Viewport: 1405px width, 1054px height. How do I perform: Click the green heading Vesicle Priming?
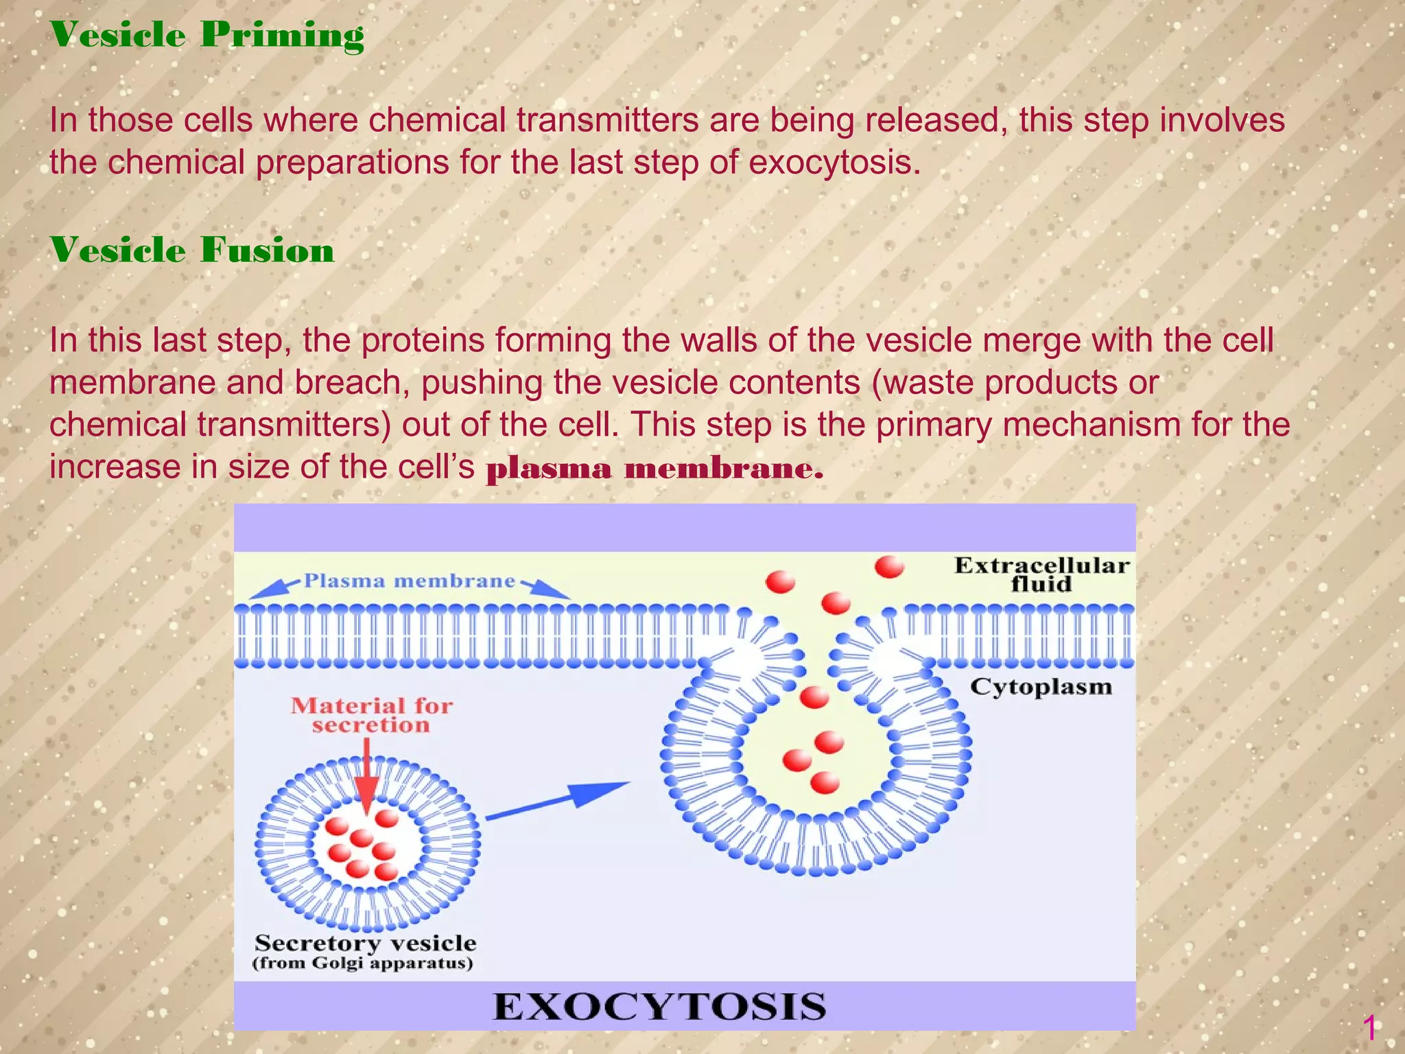pyautogui.click(x=206, y=35)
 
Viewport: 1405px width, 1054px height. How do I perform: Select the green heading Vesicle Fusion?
pyautogui.click(x=192, y=250)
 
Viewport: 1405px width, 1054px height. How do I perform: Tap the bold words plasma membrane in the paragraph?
pyautogui.click(x=654, y=469)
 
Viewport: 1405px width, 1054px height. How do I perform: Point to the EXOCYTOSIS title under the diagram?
pyautogui.click(x=659, y=1007)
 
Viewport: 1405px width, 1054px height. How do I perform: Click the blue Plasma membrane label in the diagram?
pyautogui.click(x=410, y=581)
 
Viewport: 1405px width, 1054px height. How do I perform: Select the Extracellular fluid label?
pyautogui.click(x=1041, y=574)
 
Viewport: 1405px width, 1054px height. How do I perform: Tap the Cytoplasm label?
pyautogui.click(x=1040, y=687)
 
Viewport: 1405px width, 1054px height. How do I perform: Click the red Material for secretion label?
pyautogui.click(x=371, y=715)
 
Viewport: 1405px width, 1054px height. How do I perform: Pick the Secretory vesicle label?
pyautogui.click(x=365, y=943)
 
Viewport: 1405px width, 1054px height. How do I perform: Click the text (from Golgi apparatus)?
pyautogui.click(x=362, y=963)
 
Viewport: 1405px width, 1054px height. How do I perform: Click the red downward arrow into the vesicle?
pyautogui.click(x=367, y=782)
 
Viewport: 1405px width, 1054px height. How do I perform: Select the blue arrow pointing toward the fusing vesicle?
pyautogui.click(x=557, y=800)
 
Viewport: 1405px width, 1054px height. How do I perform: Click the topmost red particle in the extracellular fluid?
pyautogui.click(x=889, y=567)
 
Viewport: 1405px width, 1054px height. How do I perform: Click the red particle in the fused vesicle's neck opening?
pyautogui.click(x=814, y=697)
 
